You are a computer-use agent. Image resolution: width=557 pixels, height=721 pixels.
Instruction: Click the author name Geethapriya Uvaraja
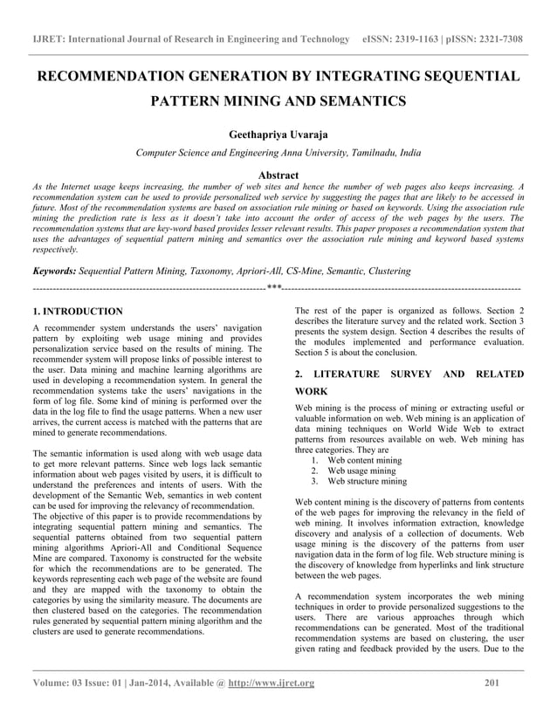[278, 134]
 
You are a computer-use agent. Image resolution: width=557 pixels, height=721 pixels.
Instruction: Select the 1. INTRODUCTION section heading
[77, 311]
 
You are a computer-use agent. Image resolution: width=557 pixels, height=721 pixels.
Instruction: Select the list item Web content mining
[364, 460]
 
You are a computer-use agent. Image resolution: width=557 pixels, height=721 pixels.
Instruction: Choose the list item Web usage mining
[361, 470]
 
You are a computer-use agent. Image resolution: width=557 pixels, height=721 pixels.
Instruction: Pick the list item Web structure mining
[367, 481]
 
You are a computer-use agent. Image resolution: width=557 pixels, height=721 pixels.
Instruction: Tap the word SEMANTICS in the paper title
[363, 102]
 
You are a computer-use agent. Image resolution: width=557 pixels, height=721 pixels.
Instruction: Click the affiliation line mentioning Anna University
[278, 153]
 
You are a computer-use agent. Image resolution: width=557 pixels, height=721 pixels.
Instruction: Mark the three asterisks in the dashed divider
[273, 287]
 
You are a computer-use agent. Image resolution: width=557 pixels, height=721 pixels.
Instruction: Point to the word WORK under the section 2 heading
[313, 392]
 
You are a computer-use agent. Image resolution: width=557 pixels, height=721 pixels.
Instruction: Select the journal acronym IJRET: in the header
[50, 39]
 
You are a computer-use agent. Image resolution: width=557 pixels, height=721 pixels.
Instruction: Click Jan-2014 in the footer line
[169, 683]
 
